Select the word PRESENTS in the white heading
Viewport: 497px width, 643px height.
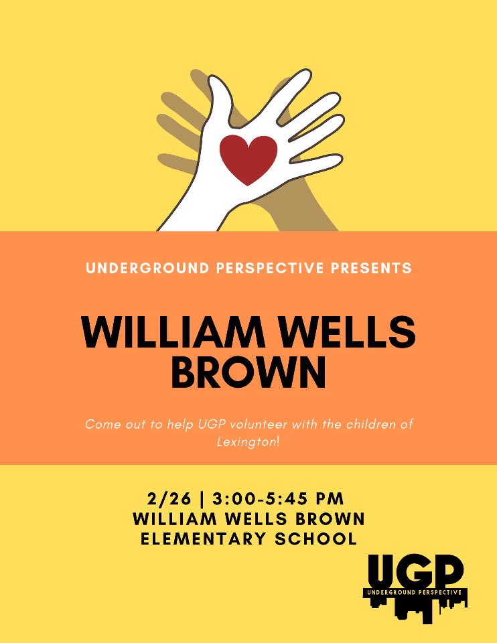(x=372, y=269)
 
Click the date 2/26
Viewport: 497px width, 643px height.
(x=173, y=498)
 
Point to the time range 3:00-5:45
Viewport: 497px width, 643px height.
(x=265, y=498)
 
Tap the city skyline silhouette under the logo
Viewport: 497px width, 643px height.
(x=415, y=609)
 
